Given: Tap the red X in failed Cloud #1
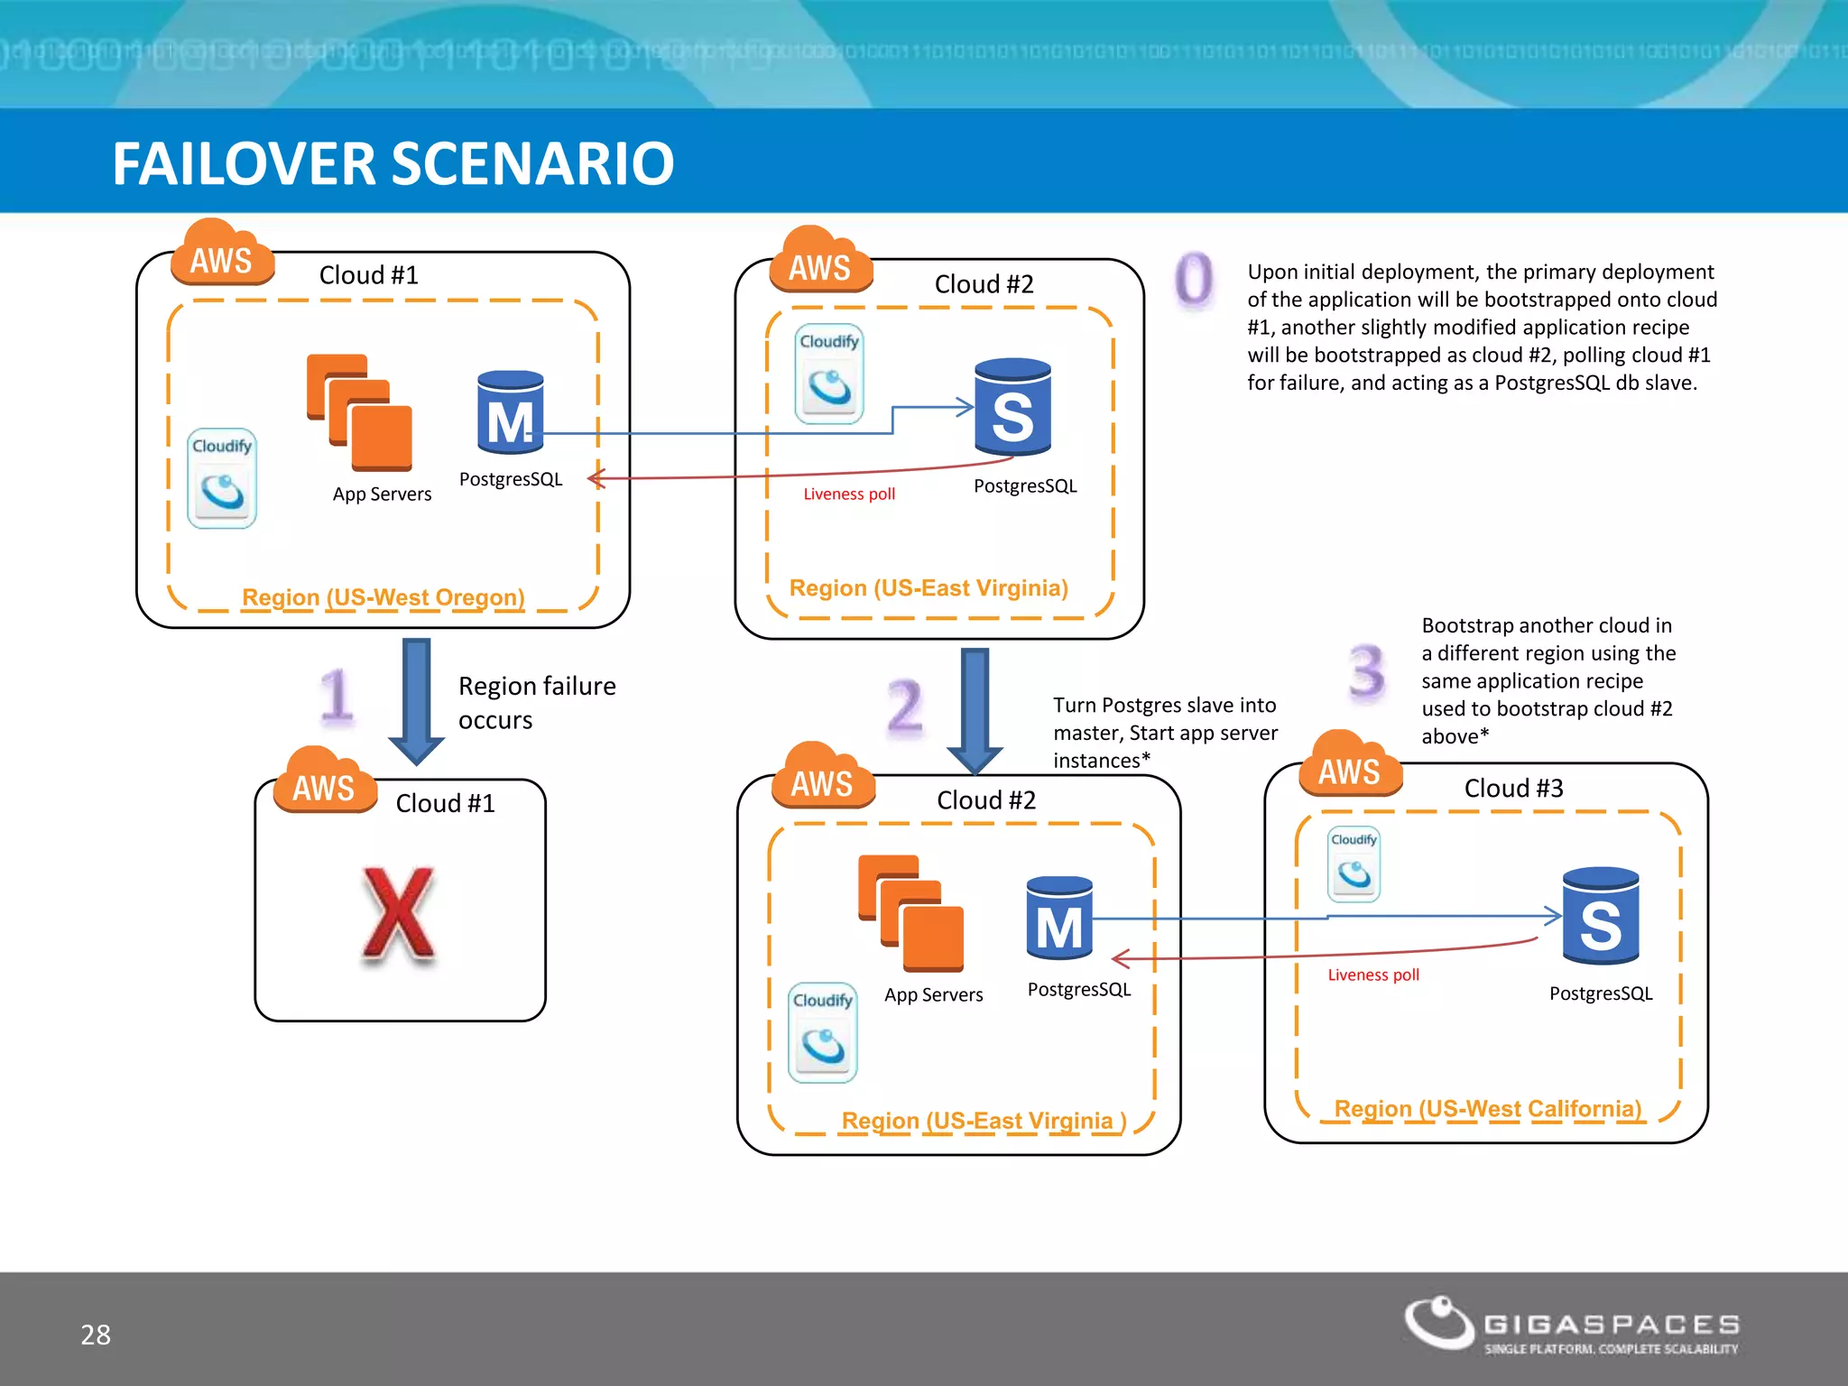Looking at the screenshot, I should (398, 914).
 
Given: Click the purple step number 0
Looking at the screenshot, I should (1194, 279).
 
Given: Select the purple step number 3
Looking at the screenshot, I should (1366, 672).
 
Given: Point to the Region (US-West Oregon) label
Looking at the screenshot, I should (383, 597).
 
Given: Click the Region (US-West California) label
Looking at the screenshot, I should (1487, 1108).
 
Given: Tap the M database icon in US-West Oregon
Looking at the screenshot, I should (510, 412).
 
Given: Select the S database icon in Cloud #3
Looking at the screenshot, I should (1600, 916).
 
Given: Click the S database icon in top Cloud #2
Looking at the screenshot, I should (1012, 407).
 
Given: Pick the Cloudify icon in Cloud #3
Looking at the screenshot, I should (1354, 864).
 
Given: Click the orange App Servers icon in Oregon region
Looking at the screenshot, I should (359, 413).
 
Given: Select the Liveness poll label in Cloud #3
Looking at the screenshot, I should (1372, 975).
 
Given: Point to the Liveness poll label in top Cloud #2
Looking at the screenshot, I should (848, 494).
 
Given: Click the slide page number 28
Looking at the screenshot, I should (96, 1335).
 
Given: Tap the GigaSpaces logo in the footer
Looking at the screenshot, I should (1571, 1325).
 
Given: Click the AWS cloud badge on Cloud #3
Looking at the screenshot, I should (1350, 767).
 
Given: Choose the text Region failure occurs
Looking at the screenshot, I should (536, 703).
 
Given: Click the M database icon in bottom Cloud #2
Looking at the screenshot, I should (1059, 919).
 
